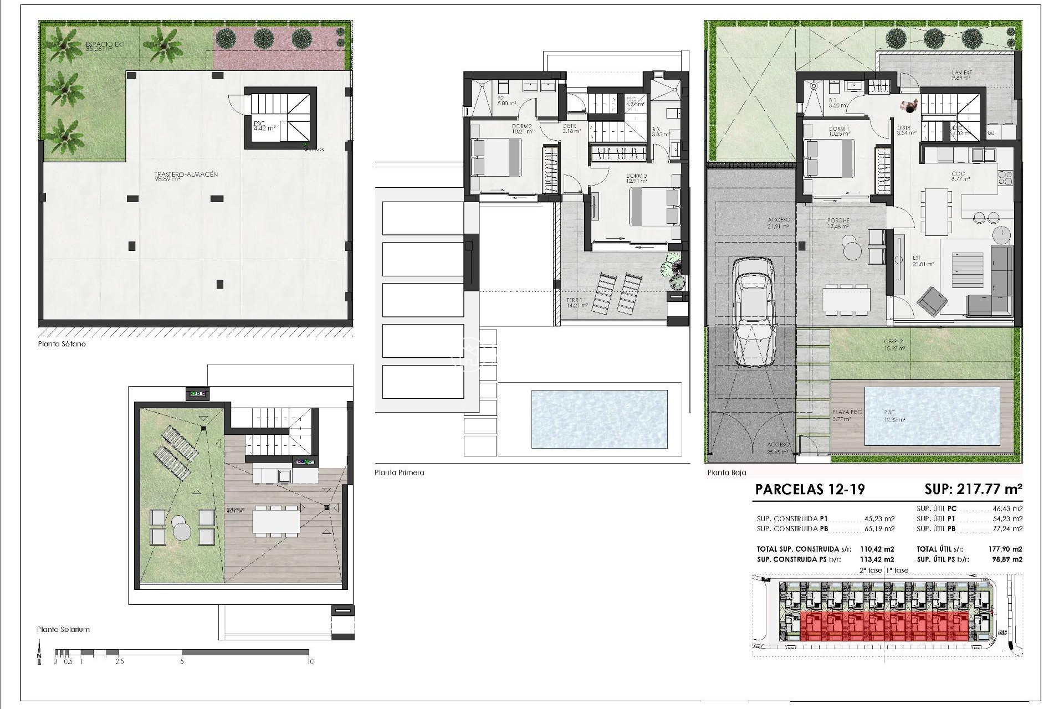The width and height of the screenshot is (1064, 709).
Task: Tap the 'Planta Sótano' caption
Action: click(x=62, y=344)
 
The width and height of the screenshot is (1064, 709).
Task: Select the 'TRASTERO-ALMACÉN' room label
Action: click(x=186, y=174)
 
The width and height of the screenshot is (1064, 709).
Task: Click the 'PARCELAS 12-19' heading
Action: click(x=810, y=489)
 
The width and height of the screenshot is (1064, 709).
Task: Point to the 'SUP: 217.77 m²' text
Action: click(x=973, y=489)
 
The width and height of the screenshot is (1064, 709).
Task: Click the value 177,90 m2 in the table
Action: click(x=1009, y=549)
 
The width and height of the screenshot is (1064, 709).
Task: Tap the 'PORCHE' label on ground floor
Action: click(x=838, y=220)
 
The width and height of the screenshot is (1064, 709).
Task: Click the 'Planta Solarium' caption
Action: click(x=63, y=629)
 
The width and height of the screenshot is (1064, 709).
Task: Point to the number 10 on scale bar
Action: click(x=310, y=661)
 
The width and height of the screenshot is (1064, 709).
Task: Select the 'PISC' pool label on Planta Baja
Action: click(x=889, y=413)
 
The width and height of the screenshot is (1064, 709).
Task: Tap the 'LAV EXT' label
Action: click(x=962, y=73)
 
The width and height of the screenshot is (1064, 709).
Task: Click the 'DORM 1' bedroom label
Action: click(x=838, y=129)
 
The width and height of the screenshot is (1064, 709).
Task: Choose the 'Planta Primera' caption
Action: click(x=399, y=472)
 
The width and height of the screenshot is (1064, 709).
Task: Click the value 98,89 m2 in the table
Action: click(x=1009, y=559)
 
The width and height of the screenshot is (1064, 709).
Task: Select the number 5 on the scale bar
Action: click(x=182, y=661)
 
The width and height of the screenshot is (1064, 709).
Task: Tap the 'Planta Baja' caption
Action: click(x=727, y=472)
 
